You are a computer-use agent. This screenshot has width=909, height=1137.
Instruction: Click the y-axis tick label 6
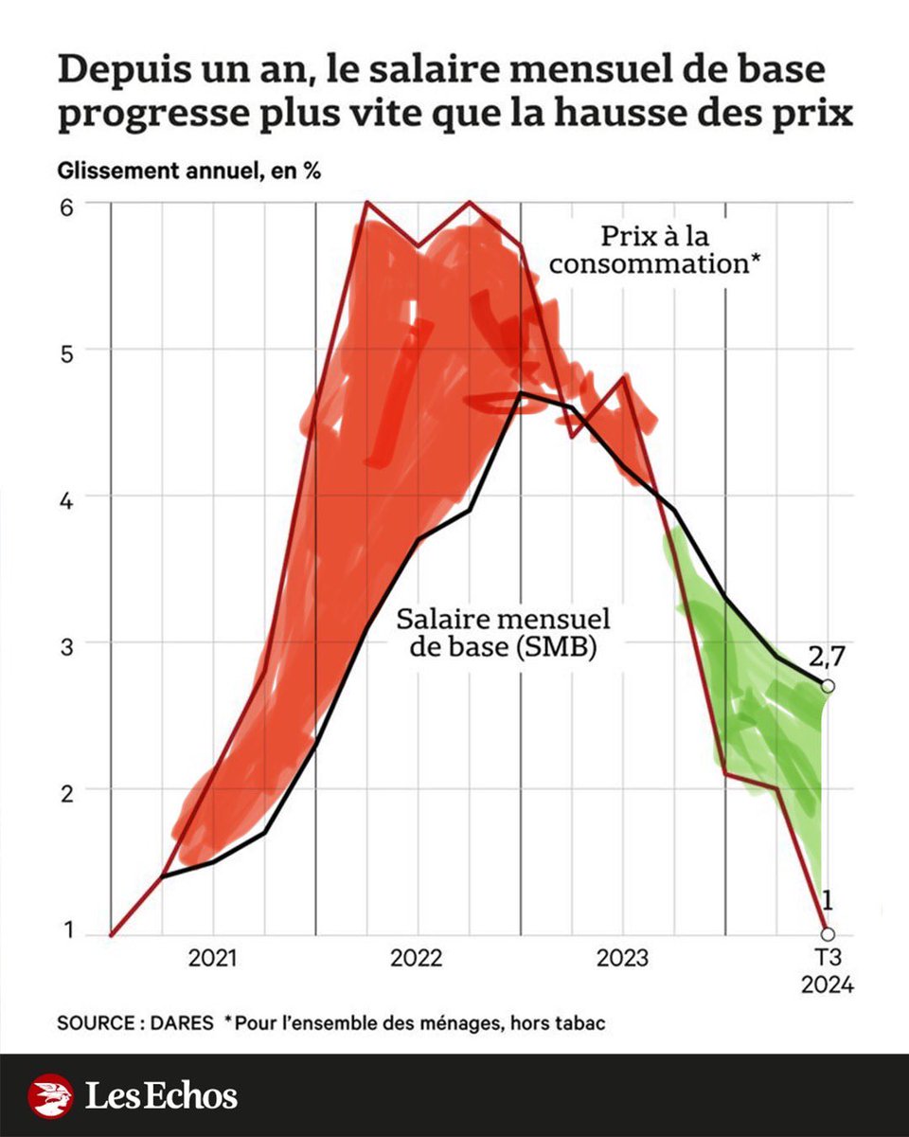click(68, 204)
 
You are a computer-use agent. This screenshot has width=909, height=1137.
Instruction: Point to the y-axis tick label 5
click(68, 350)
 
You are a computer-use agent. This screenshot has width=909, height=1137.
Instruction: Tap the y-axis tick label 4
click(68, 496)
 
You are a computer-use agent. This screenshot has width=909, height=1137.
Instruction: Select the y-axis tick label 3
click(68, 643)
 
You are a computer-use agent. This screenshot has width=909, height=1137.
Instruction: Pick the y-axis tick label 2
click(68, 789)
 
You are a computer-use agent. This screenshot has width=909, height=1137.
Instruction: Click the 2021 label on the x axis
click(213, 959)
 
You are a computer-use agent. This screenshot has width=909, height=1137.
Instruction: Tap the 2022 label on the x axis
click(418, 959)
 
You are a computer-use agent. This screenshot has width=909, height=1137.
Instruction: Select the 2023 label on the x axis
click(623, 959)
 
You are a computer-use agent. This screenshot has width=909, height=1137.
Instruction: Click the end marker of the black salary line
click(828, 686)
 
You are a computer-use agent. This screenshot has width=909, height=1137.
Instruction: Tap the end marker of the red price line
click(828, 934)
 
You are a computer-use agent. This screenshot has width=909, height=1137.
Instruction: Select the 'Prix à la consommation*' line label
click(656, 249)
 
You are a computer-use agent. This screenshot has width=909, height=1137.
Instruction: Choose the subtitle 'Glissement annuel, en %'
click(187, 172)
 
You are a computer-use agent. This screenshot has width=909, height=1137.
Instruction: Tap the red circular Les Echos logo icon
click(50, 1096)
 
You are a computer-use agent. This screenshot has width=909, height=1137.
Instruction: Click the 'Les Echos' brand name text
click(161, 1096)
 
